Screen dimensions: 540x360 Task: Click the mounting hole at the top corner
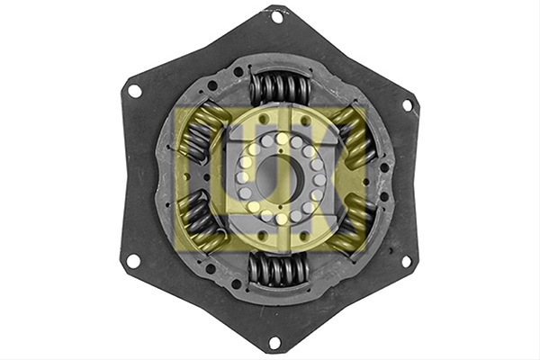tap(276, 17)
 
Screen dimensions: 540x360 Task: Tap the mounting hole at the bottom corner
tap(274, 342)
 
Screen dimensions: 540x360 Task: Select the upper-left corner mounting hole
tap(134, 91)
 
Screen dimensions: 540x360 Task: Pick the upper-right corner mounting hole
tap(407, 104)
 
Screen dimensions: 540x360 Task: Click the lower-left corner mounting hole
tap(133, 261)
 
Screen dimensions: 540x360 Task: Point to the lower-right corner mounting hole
tap(407, 261)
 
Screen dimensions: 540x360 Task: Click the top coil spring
tap(280, 88)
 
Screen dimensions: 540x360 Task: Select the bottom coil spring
tap(277, 268)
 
